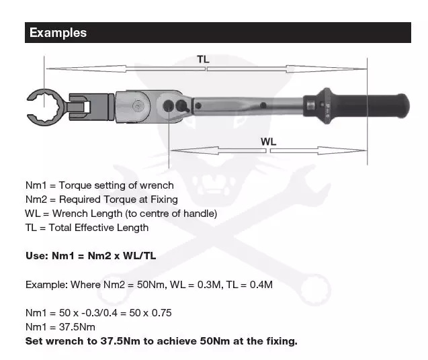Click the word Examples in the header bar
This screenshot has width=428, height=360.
(58, 33)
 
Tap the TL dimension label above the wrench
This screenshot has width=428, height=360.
(203, 59)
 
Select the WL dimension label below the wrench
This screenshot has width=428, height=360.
(268, 142)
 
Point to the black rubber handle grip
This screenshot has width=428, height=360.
(371, 106)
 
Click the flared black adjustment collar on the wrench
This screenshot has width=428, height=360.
(322, 105)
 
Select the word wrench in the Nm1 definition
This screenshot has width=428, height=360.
(157, 185)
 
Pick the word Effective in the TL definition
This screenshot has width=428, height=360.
(94, 228)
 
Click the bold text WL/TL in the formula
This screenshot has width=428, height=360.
(139, 256)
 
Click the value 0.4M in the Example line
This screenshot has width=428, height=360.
(261, 285)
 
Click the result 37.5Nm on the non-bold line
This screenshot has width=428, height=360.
(77, 327)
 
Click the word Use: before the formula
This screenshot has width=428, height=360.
(37, 256)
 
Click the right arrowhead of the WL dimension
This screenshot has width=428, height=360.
(342, 150)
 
